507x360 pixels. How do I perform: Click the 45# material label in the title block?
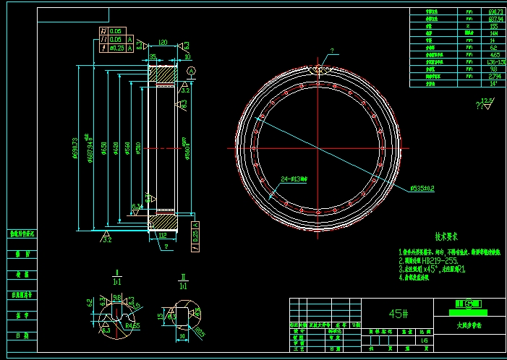pyautogui.click(x=399, y=314)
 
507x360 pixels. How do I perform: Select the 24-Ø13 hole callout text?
pyautogui.click(x=294, y=179)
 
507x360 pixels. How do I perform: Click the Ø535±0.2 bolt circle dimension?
pyautogui.click(x=422, y=189)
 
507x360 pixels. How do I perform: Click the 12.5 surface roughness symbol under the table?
pyautogui.click(x=487, y=102)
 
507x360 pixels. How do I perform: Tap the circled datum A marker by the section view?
pyautogui.click(x=191, y=71)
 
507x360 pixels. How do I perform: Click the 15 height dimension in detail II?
pyautogui.click(x=162, y=315)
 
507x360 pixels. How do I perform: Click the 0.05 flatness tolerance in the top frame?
pyautogui.click(x=116, y=31)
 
